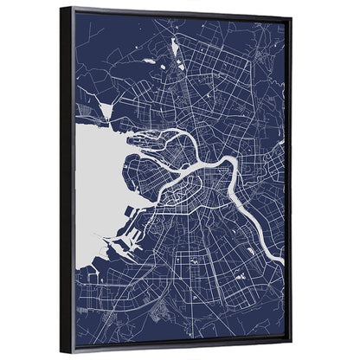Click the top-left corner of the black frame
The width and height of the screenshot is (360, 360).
61,8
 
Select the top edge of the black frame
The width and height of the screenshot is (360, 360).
173,11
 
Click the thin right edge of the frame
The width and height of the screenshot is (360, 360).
289,173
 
